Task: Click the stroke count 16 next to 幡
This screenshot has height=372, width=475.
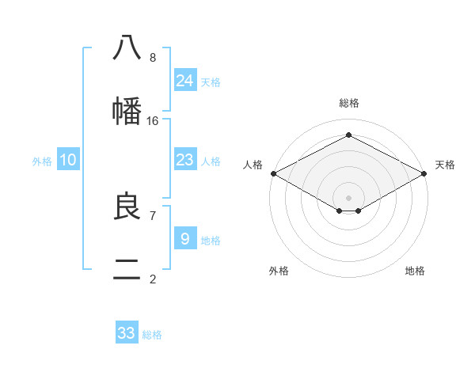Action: tap(153, 121)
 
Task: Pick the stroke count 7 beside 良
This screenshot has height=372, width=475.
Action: tap(152, 215)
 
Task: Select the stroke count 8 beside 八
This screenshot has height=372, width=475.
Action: tap(153, 57)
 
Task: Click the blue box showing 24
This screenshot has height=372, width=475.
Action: tap(185, 81)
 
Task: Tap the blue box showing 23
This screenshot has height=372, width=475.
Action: tap(185, 160)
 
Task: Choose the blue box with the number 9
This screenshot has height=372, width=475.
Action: tap(185, 238)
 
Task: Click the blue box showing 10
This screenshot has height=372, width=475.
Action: tap(68, 160)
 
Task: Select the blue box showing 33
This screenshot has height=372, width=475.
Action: tap(127, 333)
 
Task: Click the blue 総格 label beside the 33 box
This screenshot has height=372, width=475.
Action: tap(152, 335)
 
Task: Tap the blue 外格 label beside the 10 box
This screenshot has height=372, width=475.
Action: tap(42, 161)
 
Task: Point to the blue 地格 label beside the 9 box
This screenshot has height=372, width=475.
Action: tap(211, 240)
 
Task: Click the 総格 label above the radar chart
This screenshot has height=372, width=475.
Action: tap(348, 104)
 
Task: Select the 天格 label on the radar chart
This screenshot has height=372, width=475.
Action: tap(445, 165)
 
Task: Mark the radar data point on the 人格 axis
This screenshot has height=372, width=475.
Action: tap(273, 173)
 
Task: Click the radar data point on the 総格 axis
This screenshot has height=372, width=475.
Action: tap(348, 135)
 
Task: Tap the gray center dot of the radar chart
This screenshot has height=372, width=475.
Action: tap(348, 197)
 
